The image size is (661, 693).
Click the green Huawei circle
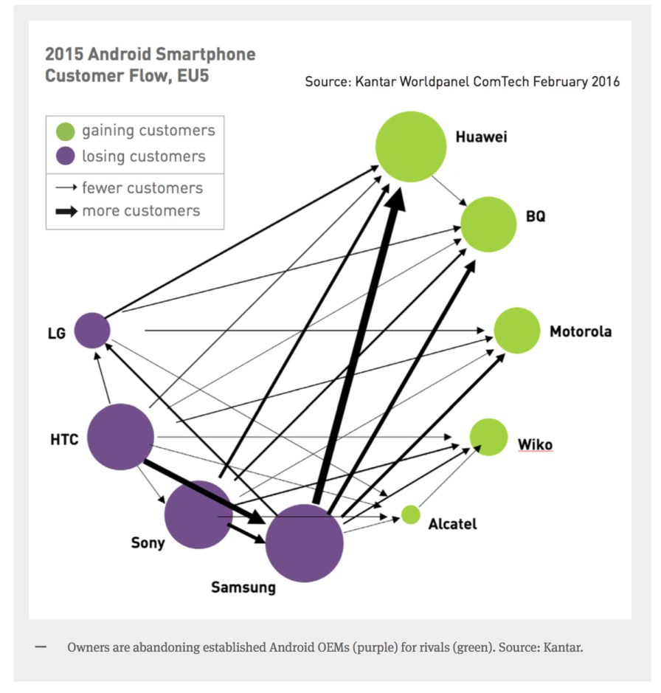click(411, 146)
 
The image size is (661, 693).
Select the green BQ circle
click(488, 224)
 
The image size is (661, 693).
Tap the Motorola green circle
click(517, 331)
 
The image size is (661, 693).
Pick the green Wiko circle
click(488, 437)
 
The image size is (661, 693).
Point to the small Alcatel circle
click(410, 514)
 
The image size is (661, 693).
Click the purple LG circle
click(91, 330)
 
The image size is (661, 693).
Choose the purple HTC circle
click(120, 437)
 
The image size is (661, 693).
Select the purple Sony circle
click(198, 515)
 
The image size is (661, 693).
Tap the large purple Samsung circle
click(304, 543)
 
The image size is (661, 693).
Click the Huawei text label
click(481, 137)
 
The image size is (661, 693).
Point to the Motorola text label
click(580, 332)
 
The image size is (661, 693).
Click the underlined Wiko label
click(534, 444)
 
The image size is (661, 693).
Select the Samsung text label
click(243, 587)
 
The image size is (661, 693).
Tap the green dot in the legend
click(66, 132)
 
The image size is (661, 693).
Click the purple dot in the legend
click(66, 156)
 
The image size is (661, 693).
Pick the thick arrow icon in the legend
click(66, 212)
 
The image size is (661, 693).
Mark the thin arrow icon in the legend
click(66, 188)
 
